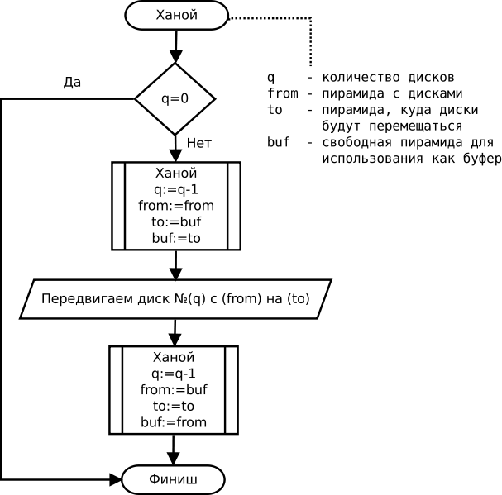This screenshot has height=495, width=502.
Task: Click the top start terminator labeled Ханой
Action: pos(176,16)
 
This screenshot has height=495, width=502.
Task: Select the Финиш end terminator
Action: pos(173,479)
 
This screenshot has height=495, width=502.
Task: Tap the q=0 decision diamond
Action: pos(175,99)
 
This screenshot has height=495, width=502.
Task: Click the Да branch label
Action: pos(72,83)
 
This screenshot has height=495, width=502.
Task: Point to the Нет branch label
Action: pos(199,143)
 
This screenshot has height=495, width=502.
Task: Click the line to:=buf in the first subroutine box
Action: pos(176,221)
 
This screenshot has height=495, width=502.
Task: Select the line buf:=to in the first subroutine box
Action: pos(176,238)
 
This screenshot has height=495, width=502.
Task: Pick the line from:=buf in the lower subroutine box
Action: pos(174,390)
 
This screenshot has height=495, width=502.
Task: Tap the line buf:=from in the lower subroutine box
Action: pos(174,422)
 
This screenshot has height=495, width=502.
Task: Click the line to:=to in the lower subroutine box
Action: pos(174,406)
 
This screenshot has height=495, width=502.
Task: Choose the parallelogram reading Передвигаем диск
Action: pos(175,299)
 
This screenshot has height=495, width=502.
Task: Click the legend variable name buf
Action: pos(279,142)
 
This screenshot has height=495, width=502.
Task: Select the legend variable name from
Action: pos(283,93)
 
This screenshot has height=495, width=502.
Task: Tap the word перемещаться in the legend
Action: pos(415,126)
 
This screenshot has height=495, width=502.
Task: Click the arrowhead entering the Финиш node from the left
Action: pos(116,479)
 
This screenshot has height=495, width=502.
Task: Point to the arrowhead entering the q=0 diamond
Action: pos(176,57)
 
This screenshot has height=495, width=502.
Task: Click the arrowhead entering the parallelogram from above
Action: pos(176,274)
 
